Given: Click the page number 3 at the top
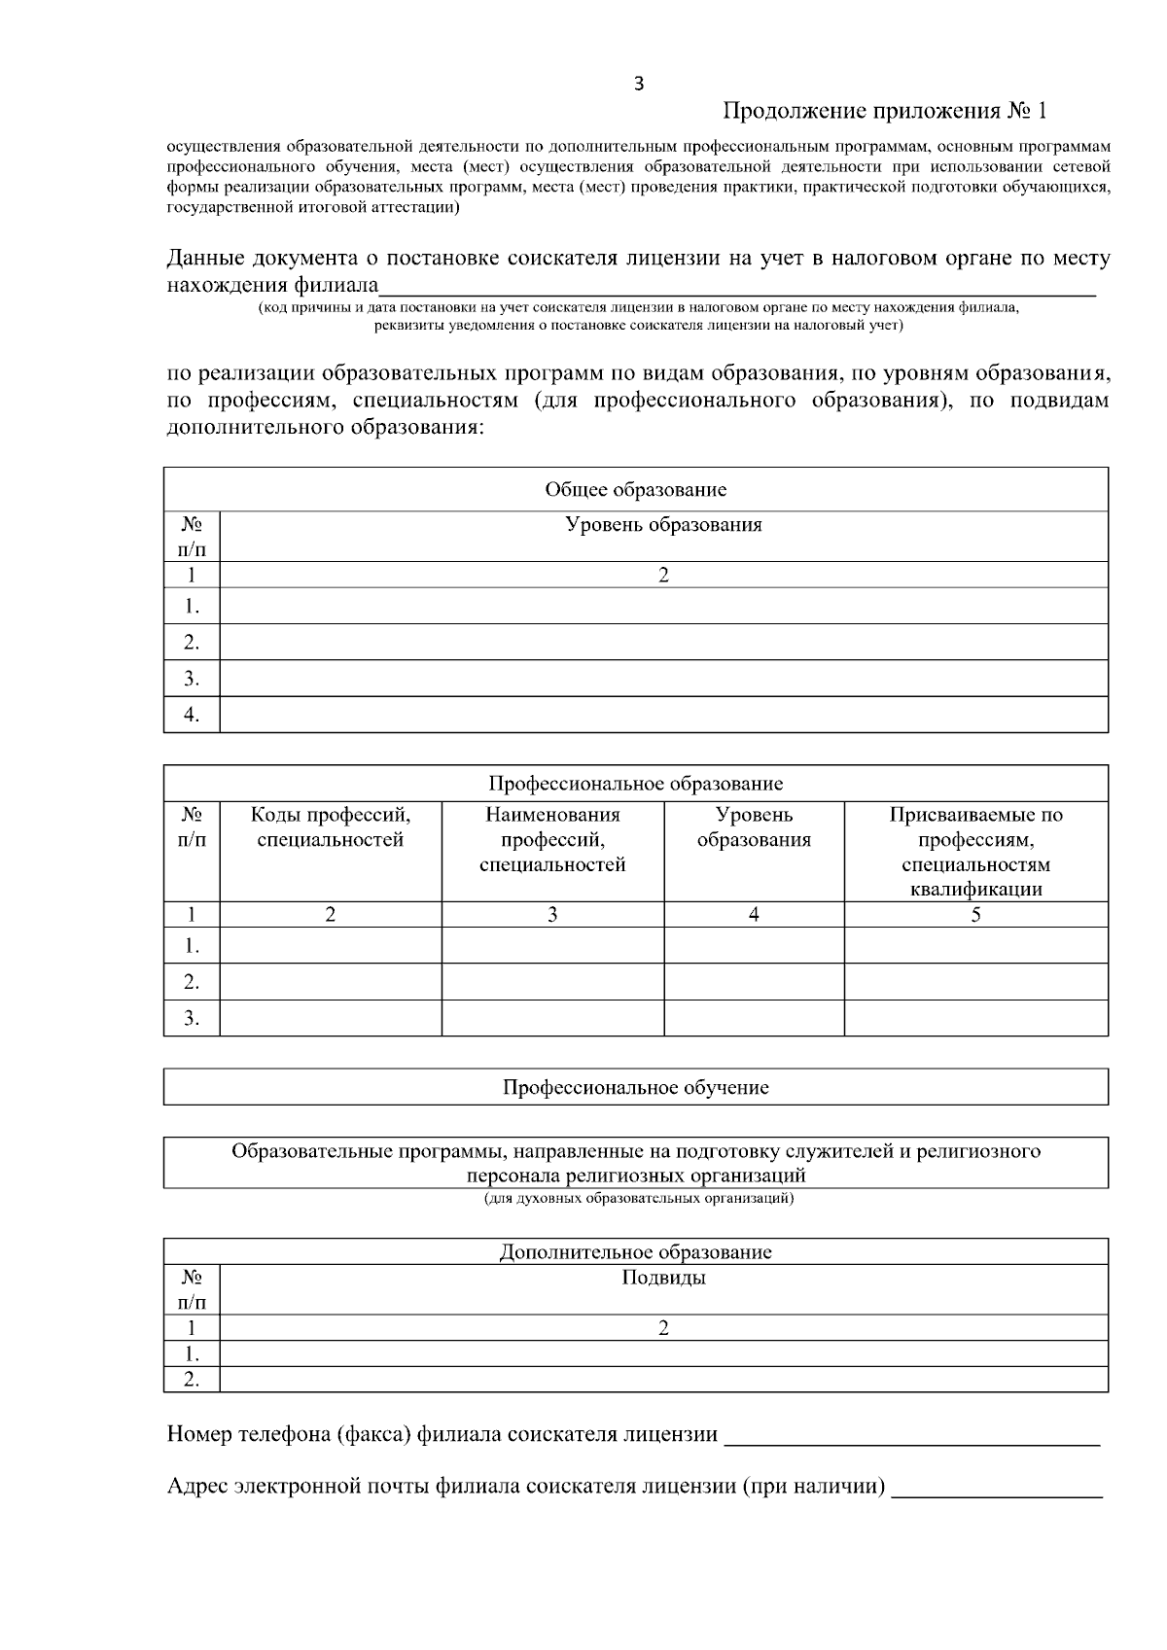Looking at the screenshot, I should (x=638, y=84).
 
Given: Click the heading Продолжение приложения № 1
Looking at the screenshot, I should (x=885, y=111).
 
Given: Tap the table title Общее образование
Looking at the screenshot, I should (x=635, y=489).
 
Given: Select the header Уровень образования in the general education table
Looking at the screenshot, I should (x=663, y=525).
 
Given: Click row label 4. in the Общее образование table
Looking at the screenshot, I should (x=192, y=715).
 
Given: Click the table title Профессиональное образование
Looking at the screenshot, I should (x=635, y=784).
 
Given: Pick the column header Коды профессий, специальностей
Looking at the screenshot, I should (x=330, y=827).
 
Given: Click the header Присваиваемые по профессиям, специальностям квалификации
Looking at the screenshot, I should (x=975, y=852).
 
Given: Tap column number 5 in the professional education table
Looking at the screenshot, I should (x=975, y=914).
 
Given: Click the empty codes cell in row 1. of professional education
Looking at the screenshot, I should (x=330, y=945).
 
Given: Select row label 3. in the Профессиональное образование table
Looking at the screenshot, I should (x=192, y=1018).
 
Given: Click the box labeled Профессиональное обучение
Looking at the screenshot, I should (x=635, y=1087).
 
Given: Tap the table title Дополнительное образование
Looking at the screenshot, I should (x=635, y=1251).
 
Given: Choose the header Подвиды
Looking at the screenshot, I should (x=663, y=1278).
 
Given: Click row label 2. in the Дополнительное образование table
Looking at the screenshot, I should (x=192, y=1379).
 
